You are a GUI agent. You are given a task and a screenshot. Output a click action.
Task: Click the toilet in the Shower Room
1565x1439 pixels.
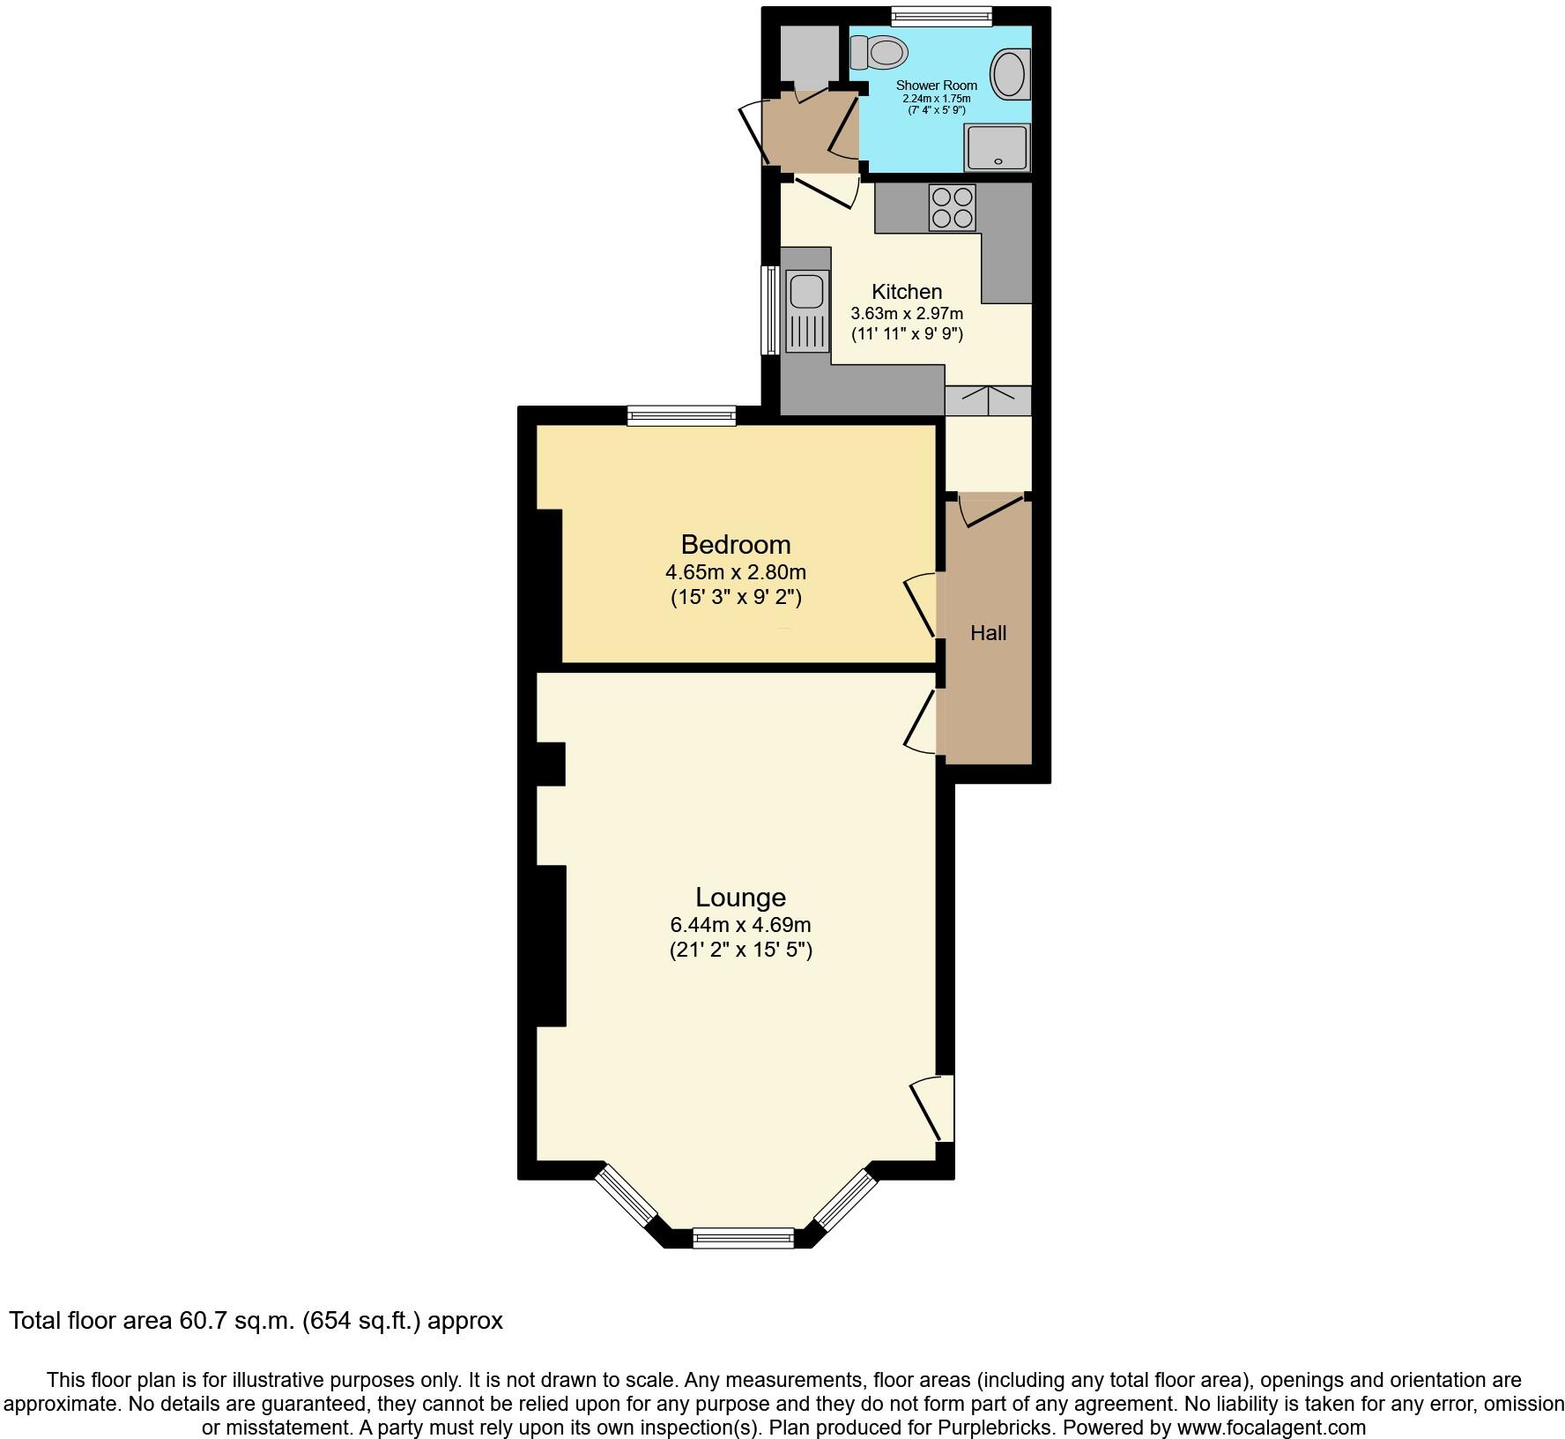pyautogui.click(x=881, y=52)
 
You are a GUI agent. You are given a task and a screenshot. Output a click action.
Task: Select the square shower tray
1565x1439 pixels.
pyautogui.click(x=998, y=146)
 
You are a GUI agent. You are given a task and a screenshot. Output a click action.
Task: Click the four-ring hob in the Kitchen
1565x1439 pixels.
pyautogui.click(x=952, y=207)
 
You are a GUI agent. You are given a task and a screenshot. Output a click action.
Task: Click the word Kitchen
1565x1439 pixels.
pyautogui.click(x=907, y=292)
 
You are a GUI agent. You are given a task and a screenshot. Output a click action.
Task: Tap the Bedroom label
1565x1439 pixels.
pyautogui.click(x=736, y=544)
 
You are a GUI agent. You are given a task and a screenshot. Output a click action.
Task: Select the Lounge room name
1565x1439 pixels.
pyautogui.click(x=740, y=897)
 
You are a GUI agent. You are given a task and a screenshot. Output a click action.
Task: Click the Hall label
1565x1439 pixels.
pyautogui.click(x=988, y=632)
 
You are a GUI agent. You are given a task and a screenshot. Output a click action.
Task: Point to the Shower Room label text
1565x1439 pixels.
pyautogui.click(x=936, y=86)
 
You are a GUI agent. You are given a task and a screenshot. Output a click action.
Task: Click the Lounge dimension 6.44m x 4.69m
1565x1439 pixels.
pyautogui.click(x=740, y=925)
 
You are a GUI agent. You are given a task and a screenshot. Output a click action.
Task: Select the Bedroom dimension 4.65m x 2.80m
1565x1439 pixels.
pyautogui.click(x=736, y=572)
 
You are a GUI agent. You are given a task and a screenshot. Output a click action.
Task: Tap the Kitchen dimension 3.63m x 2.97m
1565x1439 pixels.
pyautogui.click(x=907, y=313)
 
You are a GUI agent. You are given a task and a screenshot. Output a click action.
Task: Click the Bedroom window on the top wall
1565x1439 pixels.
pyautogui.click(x=681, y=415)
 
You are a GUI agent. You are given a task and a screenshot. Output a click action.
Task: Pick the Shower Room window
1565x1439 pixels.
pyautogui.click(x=941, y=15)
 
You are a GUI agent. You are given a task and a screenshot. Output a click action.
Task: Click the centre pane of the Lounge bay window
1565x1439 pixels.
pyautogui.click(x=744, y=1239)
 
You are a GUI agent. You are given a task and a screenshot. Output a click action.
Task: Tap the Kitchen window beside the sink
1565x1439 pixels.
pyautogui.click(x=770, y=309)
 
